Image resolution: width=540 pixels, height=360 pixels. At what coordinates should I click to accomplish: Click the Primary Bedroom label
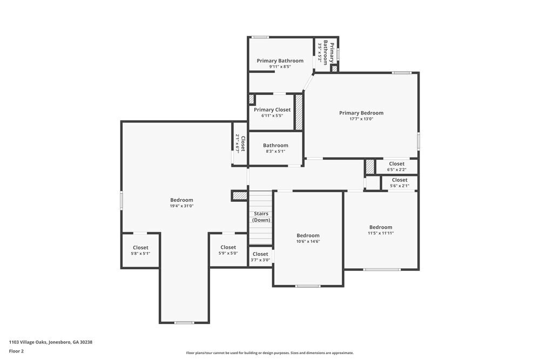[361, 113]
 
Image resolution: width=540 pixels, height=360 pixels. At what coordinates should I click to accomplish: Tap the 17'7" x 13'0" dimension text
[361, 119]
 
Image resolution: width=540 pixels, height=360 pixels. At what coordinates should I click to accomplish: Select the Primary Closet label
[272, 110]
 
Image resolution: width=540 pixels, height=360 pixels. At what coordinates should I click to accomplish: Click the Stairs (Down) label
[261, 217]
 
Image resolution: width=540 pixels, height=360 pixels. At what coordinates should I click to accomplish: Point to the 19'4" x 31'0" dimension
[181, 206]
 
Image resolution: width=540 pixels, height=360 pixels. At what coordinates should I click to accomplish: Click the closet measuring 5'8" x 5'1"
[140, 250]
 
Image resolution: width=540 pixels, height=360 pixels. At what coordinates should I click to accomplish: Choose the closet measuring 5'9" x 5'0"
[228, 250]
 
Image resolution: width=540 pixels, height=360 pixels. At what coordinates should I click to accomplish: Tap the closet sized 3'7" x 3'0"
[260, 256]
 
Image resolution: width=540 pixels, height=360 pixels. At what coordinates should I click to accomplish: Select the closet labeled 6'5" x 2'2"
[396, 166]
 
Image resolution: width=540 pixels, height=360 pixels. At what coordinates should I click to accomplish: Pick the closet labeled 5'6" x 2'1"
[400, 183]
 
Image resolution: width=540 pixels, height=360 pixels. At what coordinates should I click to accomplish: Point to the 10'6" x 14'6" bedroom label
[308, 238]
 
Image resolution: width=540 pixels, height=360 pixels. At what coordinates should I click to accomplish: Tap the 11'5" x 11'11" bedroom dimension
[381, 233]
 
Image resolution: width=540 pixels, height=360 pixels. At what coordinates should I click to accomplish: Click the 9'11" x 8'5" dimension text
[280, 67]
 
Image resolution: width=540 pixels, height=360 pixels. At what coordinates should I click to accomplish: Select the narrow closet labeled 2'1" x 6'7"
[240, 144]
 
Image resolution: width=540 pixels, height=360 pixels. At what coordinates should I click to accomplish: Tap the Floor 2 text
[16, 351]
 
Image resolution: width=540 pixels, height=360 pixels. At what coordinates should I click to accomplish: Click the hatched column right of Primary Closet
[299, 112]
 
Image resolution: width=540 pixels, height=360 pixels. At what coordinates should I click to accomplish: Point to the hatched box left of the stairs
[239, 195]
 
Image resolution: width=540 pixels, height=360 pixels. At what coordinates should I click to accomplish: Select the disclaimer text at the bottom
[270, 353]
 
